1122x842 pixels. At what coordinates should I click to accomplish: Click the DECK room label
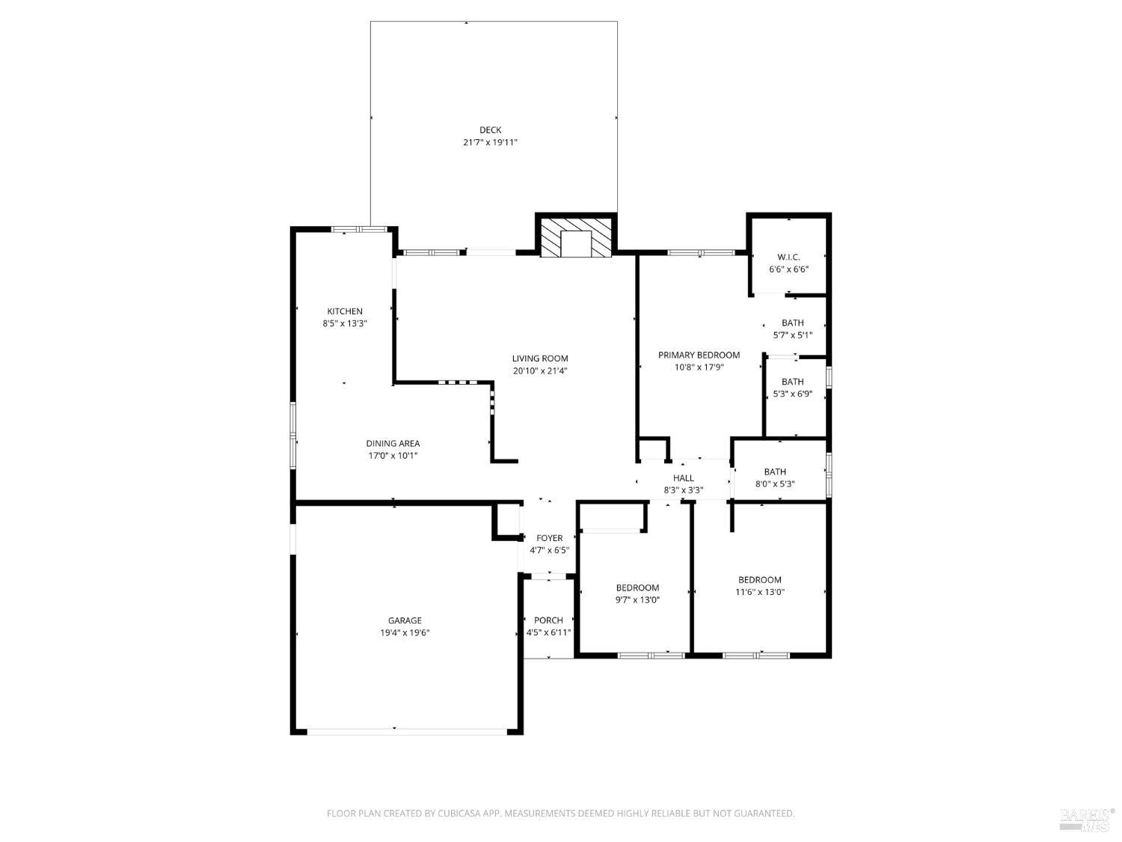[x=490, y=130]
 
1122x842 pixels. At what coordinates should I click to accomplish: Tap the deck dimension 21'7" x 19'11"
[x=490, y=142]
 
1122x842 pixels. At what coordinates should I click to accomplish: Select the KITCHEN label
[x=344, y=311]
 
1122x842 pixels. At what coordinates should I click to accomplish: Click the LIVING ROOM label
[x=540, y=359]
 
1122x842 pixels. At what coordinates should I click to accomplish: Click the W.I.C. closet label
[x=788, y=257]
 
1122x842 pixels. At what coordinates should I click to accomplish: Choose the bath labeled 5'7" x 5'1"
[x=792, y=329]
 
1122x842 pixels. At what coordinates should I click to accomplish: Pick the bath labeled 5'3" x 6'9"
[x=792, y=388]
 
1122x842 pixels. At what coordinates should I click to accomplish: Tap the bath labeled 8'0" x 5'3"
[x=775, y=478]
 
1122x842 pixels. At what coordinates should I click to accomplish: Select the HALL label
[x=683, y=478]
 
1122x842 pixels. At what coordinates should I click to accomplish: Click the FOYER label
[x=549, y=538]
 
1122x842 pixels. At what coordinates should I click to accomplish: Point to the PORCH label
[x=548, y=620]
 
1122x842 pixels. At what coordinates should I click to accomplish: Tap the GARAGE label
[x=405, y=620]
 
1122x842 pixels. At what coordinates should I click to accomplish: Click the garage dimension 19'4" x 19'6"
[x=405, y=632]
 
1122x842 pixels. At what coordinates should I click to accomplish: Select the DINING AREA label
[x=393, y=444]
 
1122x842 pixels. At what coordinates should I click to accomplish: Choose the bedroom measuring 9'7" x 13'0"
[x=637, y=594]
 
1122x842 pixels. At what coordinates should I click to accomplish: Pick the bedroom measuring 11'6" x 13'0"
[x=759, y=585]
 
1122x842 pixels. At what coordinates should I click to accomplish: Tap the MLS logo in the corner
[x=1086, y=819]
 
